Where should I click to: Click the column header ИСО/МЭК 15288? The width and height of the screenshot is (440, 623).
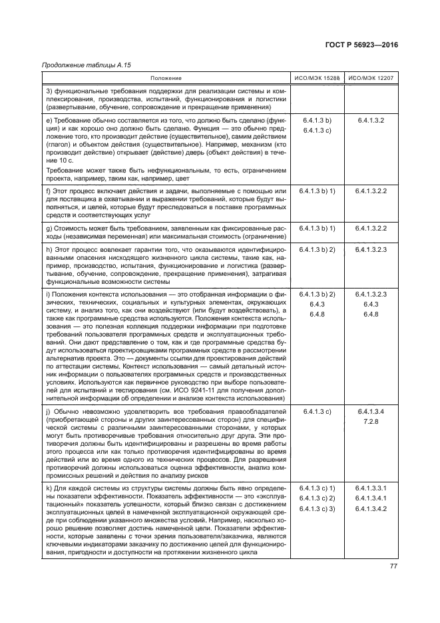317,79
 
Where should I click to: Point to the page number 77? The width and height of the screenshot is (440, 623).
393,566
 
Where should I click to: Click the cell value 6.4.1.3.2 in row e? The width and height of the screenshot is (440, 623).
371,120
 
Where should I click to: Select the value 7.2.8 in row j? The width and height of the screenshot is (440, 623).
371,422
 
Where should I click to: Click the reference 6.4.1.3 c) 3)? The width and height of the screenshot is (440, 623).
317,509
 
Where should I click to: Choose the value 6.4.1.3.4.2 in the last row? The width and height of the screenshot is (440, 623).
371,509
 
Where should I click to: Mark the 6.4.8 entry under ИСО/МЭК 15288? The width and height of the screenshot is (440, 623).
317,314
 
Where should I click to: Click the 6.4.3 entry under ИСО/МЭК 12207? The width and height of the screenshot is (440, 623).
371,303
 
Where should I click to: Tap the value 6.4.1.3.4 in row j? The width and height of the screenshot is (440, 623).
371,412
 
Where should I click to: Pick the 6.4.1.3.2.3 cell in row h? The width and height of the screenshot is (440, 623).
371,249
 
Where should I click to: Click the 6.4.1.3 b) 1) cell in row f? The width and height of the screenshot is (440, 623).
317,191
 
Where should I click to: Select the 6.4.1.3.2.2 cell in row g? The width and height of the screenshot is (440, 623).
371,228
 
